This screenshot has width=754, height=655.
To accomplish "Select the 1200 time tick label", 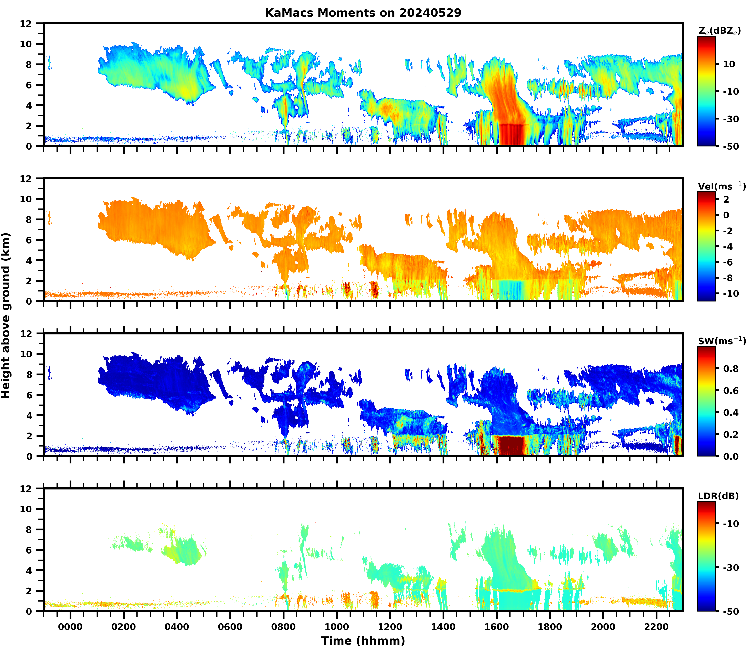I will tap(390, 627).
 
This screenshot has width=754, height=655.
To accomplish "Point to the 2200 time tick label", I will tap(656, 627).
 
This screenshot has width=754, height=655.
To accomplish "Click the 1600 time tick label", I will tap(497, 627).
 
